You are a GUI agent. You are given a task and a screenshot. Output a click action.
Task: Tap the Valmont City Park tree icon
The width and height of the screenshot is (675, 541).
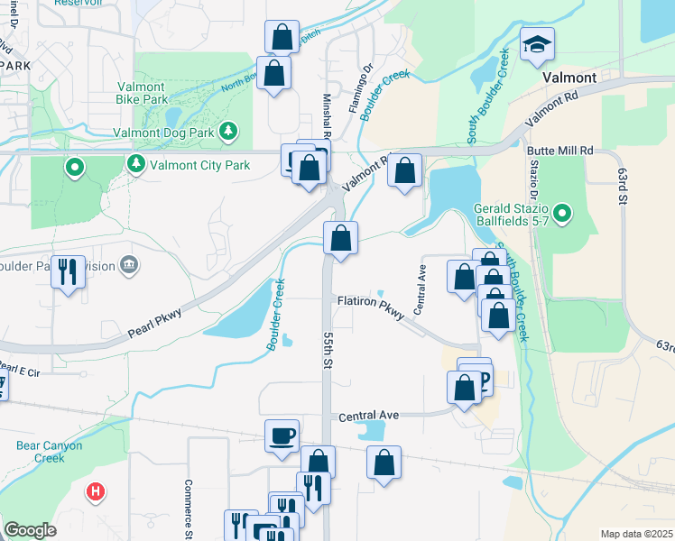(135, 164)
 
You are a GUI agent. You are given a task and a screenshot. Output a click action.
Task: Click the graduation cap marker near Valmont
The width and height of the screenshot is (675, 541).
(537, 43)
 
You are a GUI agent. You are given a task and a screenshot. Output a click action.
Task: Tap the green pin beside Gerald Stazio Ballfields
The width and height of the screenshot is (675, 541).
(562, 214)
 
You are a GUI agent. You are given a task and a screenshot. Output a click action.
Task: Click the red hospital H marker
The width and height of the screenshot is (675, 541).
(95, 492)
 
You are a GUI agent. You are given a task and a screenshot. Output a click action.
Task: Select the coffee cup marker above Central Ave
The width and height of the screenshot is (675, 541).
(282, 436)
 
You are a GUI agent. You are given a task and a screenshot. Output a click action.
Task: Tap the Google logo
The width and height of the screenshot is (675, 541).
(30, 530)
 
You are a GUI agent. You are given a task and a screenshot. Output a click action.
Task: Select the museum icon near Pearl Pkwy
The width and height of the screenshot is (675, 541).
(129, 264)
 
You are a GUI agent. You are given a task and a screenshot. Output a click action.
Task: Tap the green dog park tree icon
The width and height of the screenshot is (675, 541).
(229, 132)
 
